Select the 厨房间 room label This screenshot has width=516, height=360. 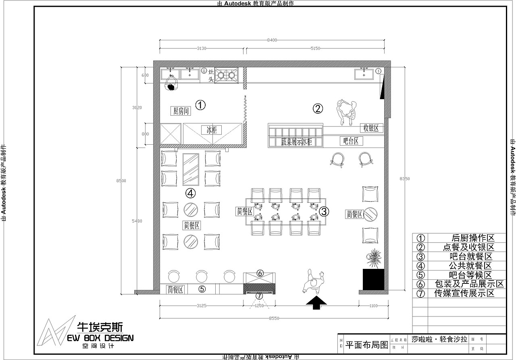(x=181, y=111)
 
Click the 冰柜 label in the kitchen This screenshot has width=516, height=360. (x=212, y=130)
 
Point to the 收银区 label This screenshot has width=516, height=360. (x=371, y=128)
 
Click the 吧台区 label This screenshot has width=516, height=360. (x=351, y=141)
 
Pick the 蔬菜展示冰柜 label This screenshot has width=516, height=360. (x=297, y=142)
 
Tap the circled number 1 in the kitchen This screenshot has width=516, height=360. (x=200, y=105)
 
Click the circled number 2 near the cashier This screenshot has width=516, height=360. (x=318, y=108)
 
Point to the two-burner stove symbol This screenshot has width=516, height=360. (x=226, y=75)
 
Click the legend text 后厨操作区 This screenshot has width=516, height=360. (x=473, y=238)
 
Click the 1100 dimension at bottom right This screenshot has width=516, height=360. (x=373, y=306)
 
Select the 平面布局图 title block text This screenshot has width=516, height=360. (x=367, y=345)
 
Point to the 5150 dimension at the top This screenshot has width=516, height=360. (x=315, y=48)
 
